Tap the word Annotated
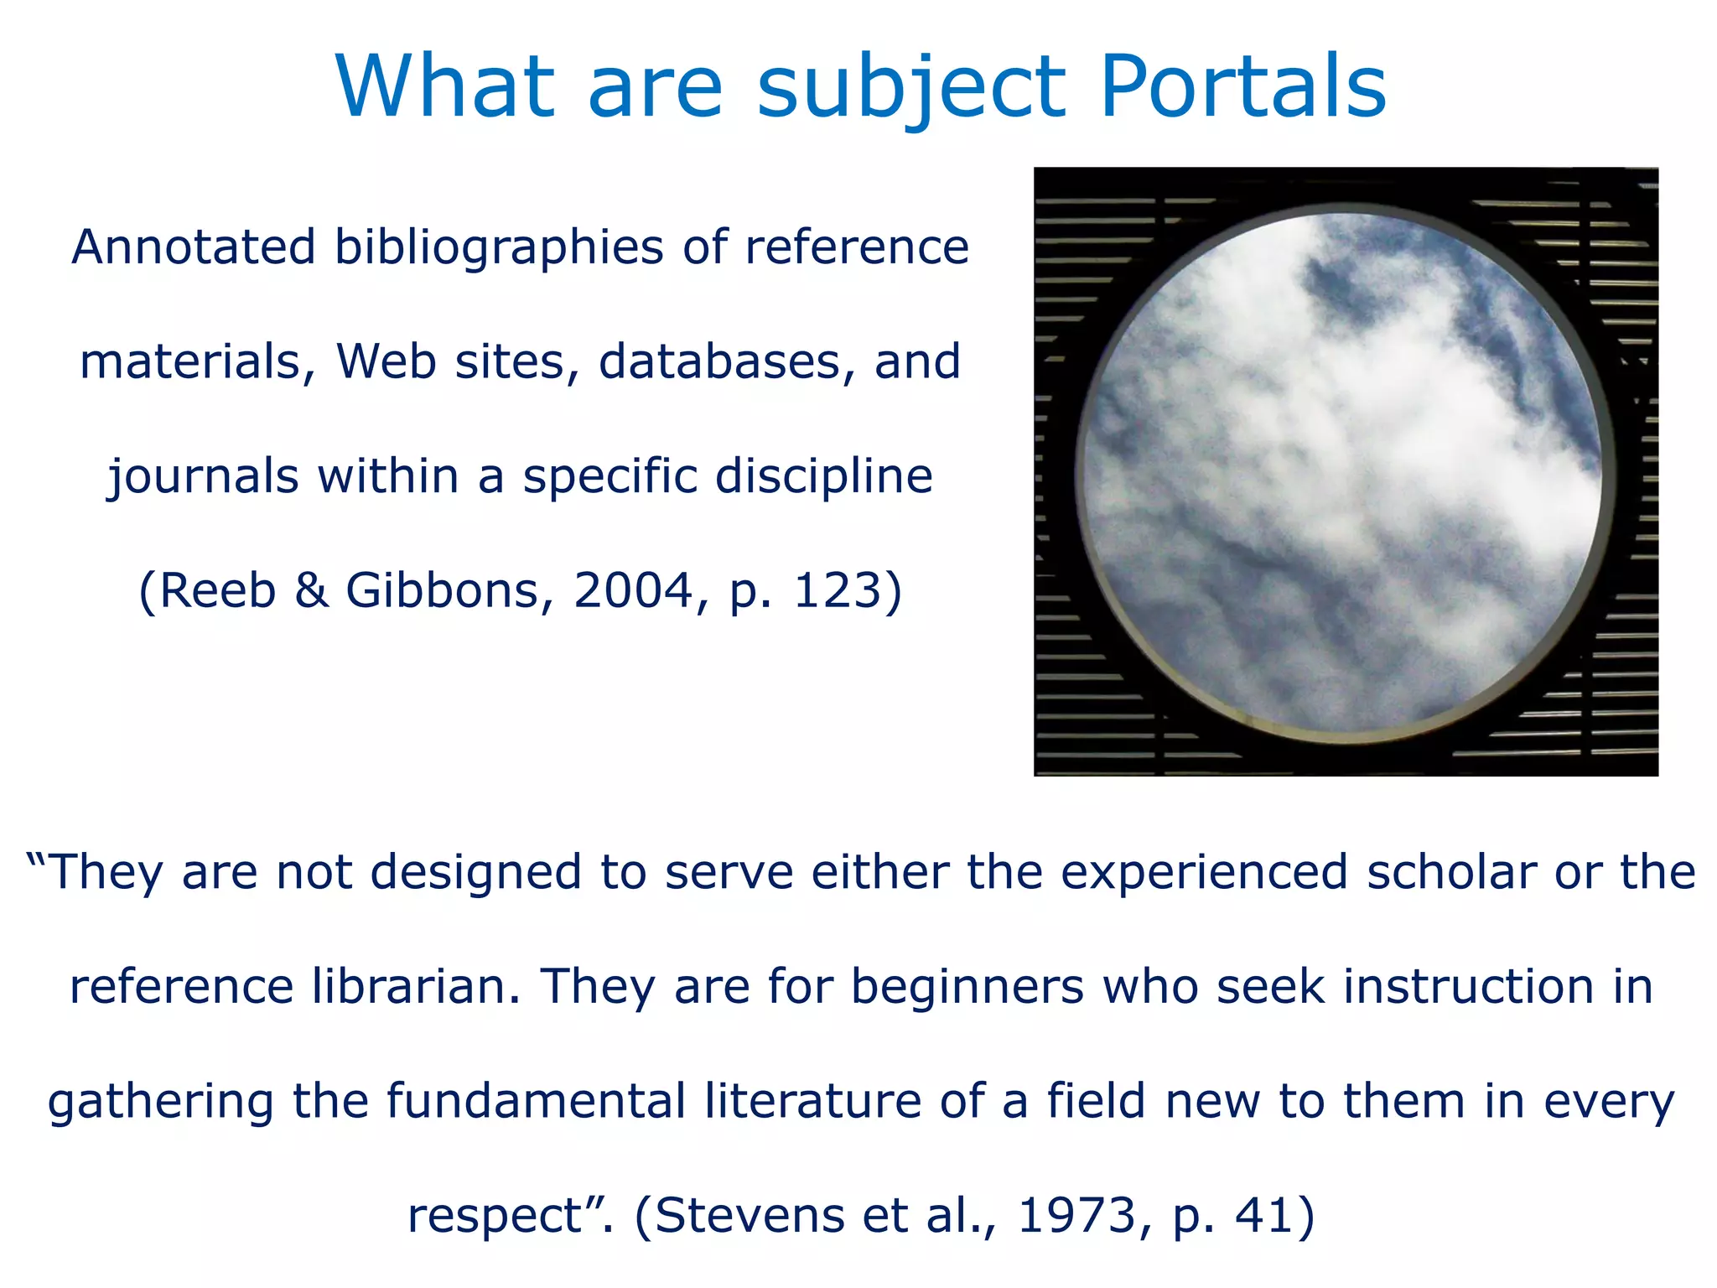194,247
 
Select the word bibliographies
499,249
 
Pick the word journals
203,477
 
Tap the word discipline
823,476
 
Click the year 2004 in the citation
633,590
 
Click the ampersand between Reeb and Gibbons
311,590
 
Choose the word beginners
967,986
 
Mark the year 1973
1076,1216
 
